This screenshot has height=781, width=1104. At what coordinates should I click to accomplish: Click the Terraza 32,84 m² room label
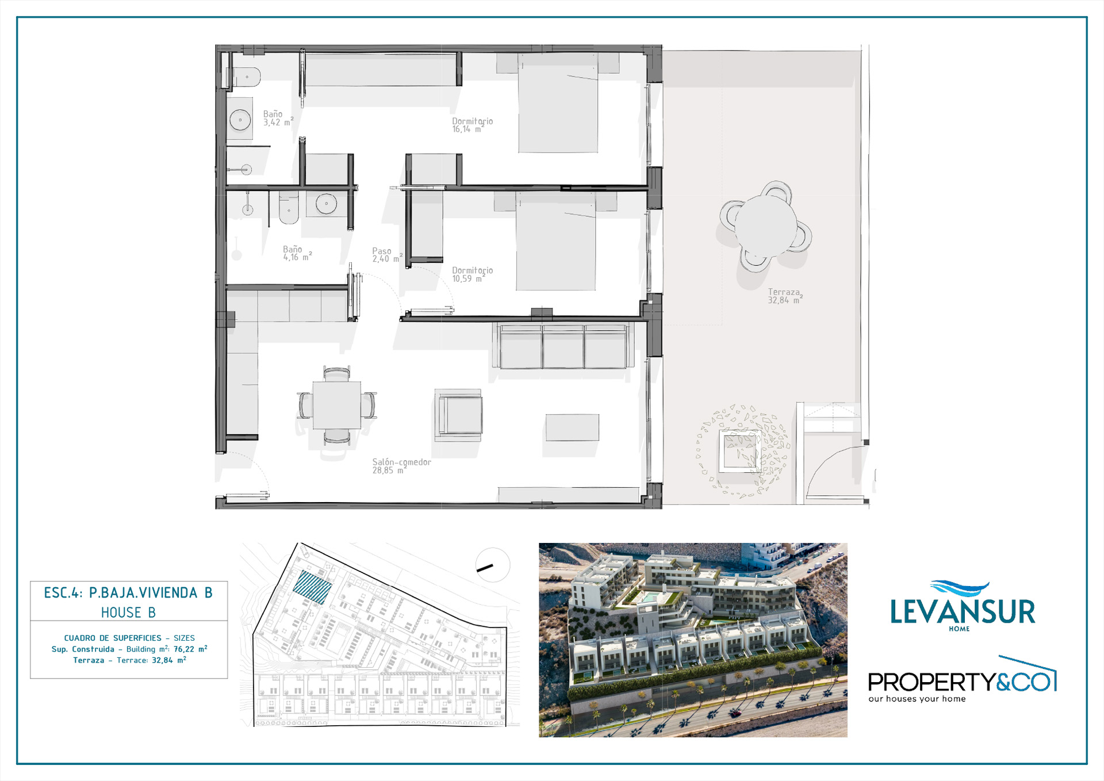coord(785,296)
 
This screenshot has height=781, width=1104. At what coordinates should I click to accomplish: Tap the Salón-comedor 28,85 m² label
coord(401,466)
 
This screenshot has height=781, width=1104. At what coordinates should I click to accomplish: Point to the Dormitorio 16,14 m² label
coord(472,125)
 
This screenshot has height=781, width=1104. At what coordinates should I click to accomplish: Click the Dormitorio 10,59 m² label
coord(472,274)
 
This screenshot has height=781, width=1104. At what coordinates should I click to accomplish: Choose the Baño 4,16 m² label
coord(297,253)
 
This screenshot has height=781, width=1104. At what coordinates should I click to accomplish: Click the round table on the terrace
coord(765,227)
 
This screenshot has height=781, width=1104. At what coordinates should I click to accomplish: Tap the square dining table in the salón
coord(337,405)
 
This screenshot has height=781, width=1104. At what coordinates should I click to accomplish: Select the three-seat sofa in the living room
coord(563,346)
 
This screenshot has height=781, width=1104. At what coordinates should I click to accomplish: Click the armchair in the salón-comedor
coord(458,415)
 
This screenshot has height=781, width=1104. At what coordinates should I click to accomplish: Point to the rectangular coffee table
coord(572,427)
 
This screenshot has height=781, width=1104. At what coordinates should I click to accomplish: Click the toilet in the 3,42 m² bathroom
coord(246,76)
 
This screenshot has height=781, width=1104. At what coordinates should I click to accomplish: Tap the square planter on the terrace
coord(741,451)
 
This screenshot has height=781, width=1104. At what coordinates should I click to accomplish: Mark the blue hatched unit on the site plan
coord(313,587)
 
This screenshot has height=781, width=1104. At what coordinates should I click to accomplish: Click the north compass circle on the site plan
coord(493,565)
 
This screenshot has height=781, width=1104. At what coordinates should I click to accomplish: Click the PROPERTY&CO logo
coord(962,680)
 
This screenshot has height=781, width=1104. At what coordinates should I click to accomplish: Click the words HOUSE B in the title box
coord(128,612)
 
